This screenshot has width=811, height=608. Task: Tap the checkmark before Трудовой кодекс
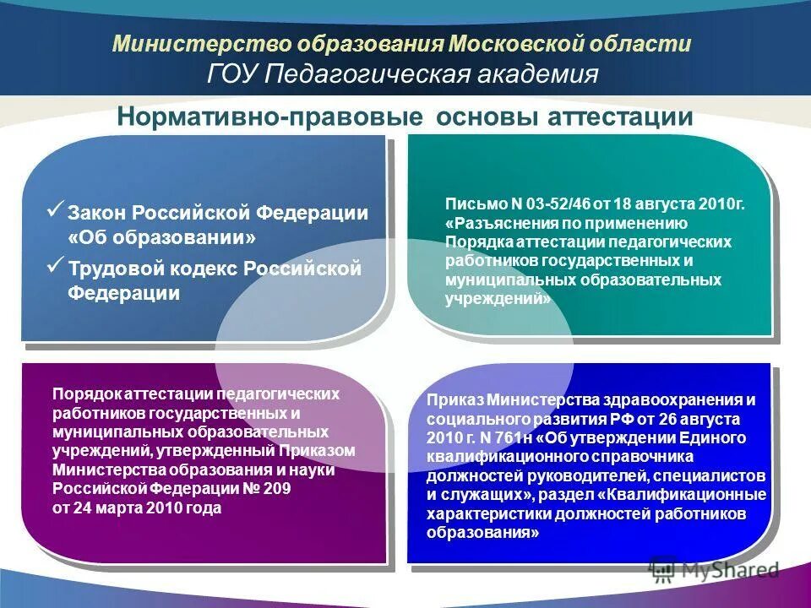[56, 267]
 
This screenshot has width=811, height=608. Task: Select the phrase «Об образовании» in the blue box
[161, 237]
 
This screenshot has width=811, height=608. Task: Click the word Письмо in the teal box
[476, 204]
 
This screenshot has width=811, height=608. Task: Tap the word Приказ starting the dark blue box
[455, 399]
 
